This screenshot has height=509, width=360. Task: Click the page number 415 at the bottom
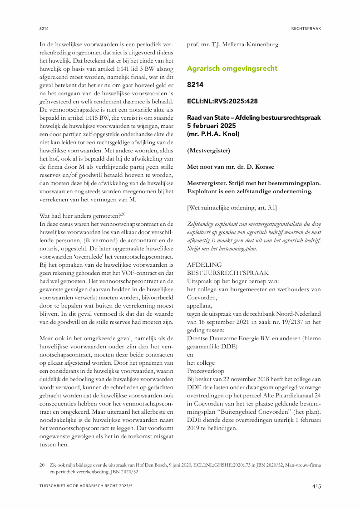pyautogui.click(x=316, y=486)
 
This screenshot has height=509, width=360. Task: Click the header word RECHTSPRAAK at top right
pyautogui.click(x=306, y=28)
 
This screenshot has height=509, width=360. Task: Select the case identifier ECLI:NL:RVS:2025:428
pyautogui.click(x=222, y=101)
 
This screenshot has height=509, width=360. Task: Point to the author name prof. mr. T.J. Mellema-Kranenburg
pyautogui.click(x=233, y=45)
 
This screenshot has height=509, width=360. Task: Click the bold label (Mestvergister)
pyautogui.click(x=208, y=150)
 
